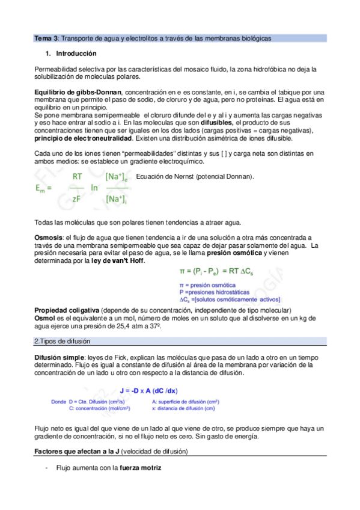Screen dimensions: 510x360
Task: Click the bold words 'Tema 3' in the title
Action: click(x=45, y=38)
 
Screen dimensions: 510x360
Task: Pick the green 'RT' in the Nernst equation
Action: click(x=78, y=177)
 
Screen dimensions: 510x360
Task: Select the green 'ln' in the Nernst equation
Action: click(x=94, y=188)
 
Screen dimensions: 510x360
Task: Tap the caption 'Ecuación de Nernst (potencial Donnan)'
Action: click(x=195, y=176)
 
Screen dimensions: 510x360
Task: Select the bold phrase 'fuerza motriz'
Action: click(x=140, y=467)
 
